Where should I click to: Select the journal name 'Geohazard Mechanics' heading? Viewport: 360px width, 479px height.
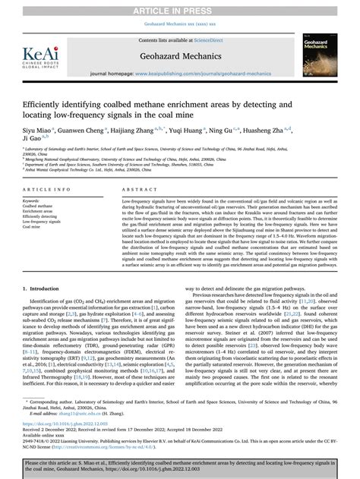pos(180,56)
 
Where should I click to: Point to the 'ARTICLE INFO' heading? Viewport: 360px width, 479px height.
pos(47,188)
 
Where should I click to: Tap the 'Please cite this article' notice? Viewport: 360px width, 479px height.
pos(180,465)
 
